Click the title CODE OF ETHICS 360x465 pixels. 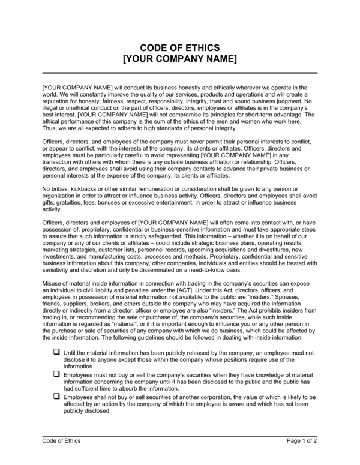coord(180,47)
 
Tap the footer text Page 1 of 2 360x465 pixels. coord(302,441)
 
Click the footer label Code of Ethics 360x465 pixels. coord(61,441)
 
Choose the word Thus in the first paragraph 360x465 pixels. coord(50,128)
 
